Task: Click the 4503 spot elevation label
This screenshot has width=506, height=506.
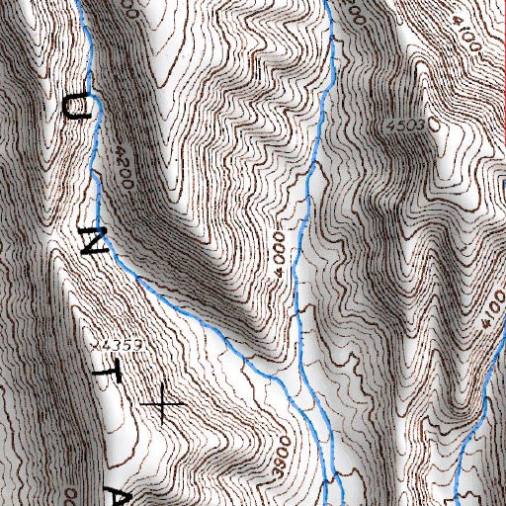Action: pyautogui.click(x=406, y=126)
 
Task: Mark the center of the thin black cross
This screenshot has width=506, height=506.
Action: pyautogui.click(x=161, y=404)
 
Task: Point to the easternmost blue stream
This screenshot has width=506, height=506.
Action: pyautogui.click(x=481, y=395)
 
